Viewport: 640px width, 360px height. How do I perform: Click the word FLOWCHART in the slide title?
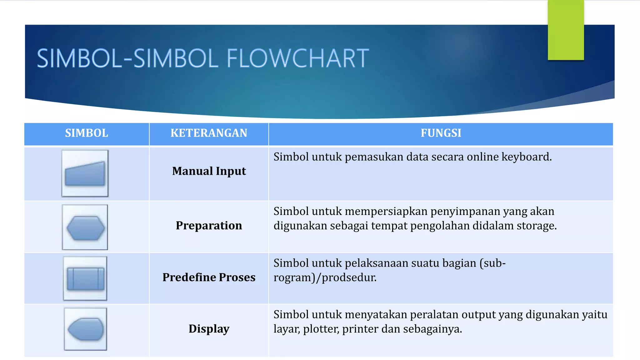(297, 58)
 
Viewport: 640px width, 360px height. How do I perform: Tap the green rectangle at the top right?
(566, 30)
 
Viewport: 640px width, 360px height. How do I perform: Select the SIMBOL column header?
(87, 133)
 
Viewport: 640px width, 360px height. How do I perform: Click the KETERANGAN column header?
(209, 133)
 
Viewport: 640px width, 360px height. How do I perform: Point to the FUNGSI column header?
(441, 133)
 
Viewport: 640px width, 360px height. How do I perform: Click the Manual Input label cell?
(209, 171)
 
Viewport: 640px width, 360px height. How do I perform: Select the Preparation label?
(209, 226)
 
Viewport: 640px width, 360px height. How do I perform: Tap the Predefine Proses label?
(209, 277)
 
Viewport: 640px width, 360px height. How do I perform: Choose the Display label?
(209, 329)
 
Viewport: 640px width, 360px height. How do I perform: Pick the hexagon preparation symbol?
(85, 228)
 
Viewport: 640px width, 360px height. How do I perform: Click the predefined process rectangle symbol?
(85, 278)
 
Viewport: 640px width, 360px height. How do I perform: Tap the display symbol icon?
(85, 329)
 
